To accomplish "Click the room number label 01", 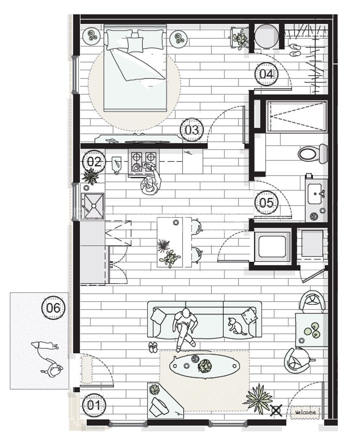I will (94, 405).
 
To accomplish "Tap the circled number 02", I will (94, 162).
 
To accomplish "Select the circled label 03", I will (192, 130).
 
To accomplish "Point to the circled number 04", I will (266, 74).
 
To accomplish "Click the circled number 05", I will (266, 202).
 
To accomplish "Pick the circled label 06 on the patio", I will (53, 308).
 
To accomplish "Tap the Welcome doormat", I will (305, 412).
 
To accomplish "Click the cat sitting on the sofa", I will (236, 326).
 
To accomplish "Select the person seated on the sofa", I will (185, 328).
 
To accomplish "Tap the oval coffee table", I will (204, 365).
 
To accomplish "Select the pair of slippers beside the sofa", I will (153, 347).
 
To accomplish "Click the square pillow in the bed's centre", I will (135, 43).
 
